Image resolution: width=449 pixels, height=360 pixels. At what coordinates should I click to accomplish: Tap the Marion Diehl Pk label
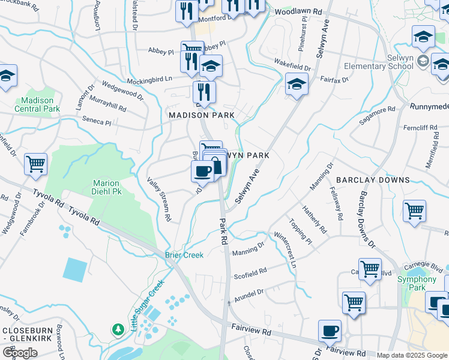coord(106,187)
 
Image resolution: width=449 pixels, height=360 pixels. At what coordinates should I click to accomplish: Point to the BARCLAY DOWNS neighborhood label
coord(373,180)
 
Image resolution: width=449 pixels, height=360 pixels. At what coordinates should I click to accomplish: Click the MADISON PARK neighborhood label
coord(201,115)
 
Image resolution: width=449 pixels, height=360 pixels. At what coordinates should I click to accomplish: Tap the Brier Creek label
coord(184,255)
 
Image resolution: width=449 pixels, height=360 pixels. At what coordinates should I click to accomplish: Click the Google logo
coord(20,353)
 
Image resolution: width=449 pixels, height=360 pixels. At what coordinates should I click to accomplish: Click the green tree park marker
coord(118,329)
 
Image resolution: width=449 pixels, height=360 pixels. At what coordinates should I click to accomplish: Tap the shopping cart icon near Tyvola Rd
coord(35,164)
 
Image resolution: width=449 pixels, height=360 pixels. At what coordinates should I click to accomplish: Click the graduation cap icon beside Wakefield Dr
coord(297,85)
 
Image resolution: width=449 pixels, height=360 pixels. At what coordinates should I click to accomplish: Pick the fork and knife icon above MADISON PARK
coord(204,91)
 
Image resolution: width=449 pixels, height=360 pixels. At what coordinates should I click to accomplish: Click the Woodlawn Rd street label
coord(295,12)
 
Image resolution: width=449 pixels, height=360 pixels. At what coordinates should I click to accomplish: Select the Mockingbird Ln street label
coord(149,79)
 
